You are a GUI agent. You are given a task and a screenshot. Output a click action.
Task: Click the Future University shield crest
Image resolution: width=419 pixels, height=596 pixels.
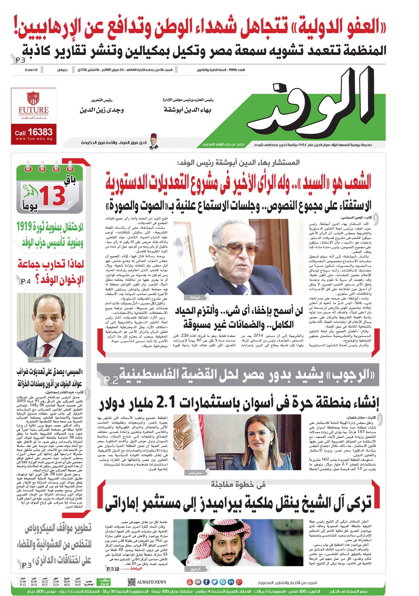(x=34, y=98)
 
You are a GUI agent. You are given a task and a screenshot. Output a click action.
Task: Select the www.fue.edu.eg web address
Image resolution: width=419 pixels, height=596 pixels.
(x=34, y=139)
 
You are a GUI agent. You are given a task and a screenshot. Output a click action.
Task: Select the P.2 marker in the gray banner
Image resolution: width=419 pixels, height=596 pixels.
(x=111, y=380)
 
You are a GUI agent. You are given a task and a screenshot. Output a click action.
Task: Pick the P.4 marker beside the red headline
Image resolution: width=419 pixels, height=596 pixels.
(x=26, y=282)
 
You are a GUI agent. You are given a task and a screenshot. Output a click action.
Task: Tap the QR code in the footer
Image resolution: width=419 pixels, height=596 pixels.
(x=132, y=582)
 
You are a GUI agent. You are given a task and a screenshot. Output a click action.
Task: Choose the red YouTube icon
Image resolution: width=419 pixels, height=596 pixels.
(x=189, y=582)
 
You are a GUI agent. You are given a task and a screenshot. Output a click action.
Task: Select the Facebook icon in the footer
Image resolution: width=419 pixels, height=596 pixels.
(x=206, y=582)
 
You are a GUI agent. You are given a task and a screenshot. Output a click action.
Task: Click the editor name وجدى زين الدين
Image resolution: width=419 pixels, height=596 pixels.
(x=102, y=110)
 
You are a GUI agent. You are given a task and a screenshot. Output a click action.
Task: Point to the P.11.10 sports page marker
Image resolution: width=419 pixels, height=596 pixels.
(x=113, y=568)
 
